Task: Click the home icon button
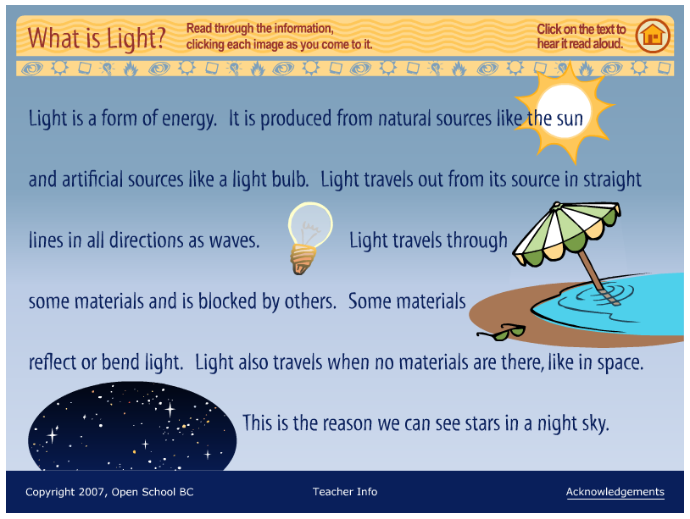coord(652,36)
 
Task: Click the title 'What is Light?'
coord(97,37)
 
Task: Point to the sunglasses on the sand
coord(502,332)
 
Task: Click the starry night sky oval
coord(131,428)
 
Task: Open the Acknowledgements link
coord(615,492)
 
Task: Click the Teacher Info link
coord(345,492)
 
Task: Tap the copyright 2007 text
coord(109,492)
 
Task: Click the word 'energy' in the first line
coord(189,119)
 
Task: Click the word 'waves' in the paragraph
coord(234,240)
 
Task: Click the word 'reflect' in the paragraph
coord(52,362)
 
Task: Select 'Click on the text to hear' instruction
coord(581,36)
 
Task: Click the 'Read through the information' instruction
coord(260,29)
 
